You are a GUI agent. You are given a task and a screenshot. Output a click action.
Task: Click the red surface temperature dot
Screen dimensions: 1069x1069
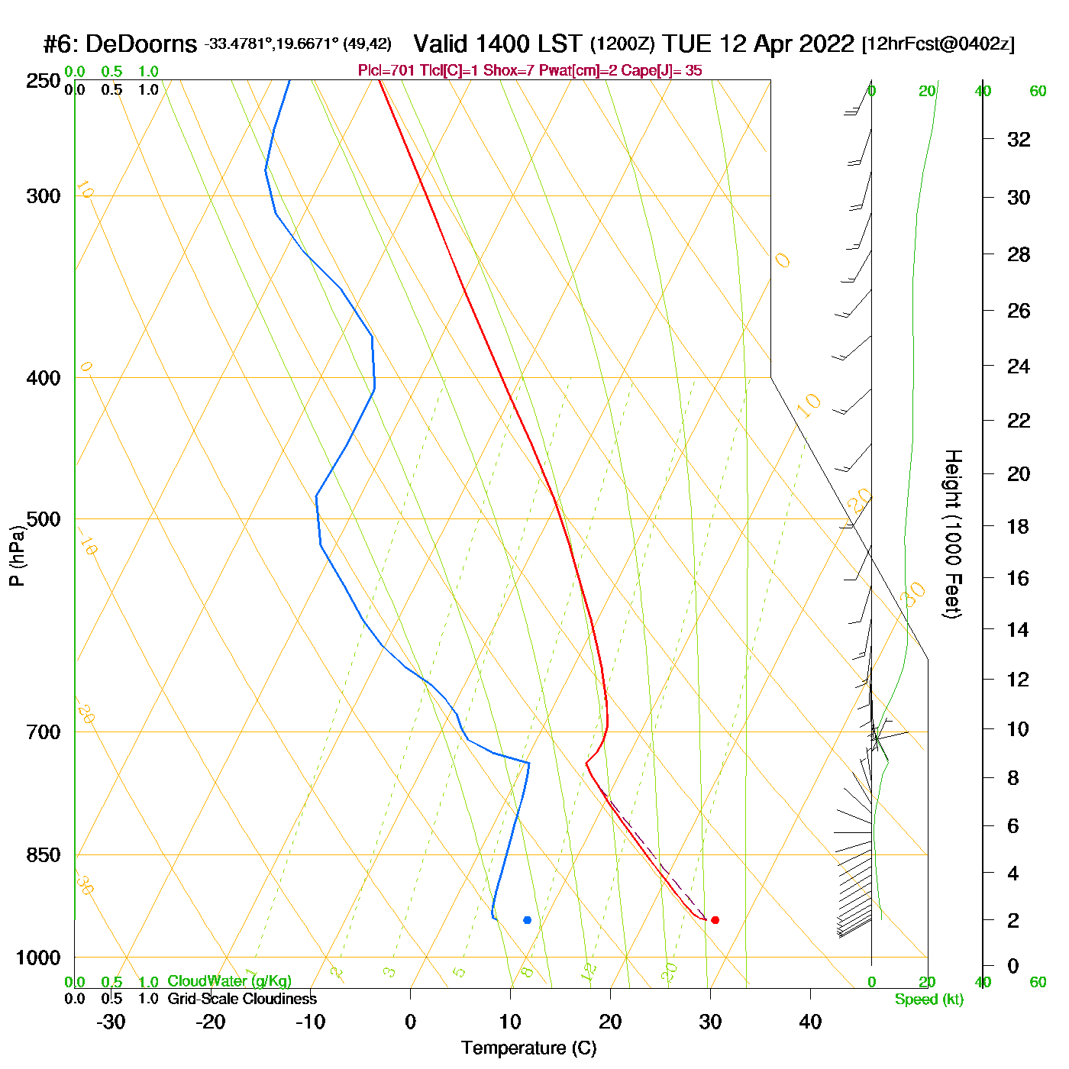pyautogui.click(x=715, y=920)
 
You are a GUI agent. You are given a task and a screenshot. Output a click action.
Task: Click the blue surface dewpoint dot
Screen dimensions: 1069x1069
pyautogui.click(x=527, y=920)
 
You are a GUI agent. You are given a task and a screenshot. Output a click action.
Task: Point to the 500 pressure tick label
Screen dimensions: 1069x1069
pyautogui.click(x=44, y=519)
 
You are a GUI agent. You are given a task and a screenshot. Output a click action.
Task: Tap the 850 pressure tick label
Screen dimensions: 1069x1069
pyautogui.click(x=44, y=855)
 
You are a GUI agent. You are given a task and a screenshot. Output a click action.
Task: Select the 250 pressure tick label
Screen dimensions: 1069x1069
pyautogui.click(x=44, y=81)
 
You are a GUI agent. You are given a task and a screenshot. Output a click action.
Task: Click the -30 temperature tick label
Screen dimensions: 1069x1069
pyautogui.click(x=111, y=1022)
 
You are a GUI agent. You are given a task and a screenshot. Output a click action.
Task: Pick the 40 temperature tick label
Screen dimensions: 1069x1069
pyautogui.click(x=810, y=1022)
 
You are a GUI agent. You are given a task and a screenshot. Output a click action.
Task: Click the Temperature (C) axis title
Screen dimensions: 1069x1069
pyautogui.click(x=528, y=1048)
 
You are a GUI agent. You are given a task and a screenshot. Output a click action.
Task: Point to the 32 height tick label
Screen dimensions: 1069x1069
pyautogui.click(x=1019, y=139)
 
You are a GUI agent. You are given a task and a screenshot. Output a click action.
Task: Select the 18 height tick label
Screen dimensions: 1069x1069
pyautogui.click(x=1019, y=526)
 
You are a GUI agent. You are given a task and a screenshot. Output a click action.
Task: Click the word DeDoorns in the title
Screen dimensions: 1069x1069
pyautogui.click(x=140, y=44)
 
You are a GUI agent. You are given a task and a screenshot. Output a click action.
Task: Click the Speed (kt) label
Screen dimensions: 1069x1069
pyautogui.click(x=929, y=1000)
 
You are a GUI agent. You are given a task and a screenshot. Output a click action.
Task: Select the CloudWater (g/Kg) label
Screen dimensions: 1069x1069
pyautogui.click(x=229, y=981)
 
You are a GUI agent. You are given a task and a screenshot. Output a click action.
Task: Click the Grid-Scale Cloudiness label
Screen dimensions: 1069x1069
pyautogui.click(x=242, y=999)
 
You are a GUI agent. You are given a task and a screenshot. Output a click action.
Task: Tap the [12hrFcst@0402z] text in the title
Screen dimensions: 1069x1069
pyautogui.click(x=938, y=44)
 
